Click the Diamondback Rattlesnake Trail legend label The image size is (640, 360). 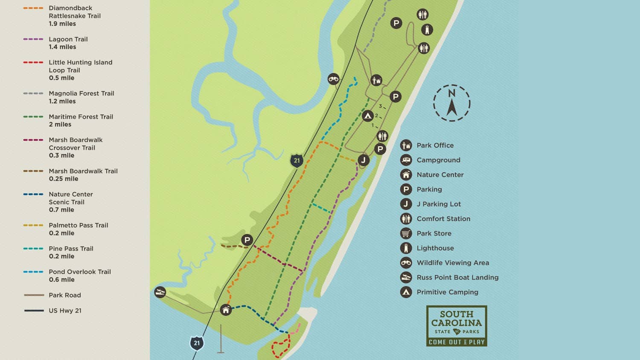(74, 16)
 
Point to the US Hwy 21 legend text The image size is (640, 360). (65, 311)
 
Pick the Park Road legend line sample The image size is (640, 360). (34, 295)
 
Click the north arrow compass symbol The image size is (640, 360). (452, 103)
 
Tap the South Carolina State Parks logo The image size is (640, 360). (457, 326)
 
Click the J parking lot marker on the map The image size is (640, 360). (363, 160)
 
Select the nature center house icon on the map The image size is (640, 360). (226, 310)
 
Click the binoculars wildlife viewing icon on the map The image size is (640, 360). (333, 79)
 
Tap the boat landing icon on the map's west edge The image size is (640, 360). (160, 292)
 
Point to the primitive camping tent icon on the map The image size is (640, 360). (367, 116)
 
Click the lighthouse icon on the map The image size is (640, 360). (427, 29)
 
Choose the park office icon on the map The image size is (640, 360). (376, 80)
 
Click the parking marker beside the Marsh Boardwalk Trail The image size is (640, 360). (247, 240)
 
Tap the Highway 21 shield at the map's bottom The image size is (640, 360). (197, 343)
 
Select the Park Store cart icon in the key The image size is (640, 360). (406, 233)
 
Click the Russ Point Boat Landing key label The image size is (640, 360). (457, 277)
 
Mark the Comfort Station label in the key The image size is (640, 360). (443, 219)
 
